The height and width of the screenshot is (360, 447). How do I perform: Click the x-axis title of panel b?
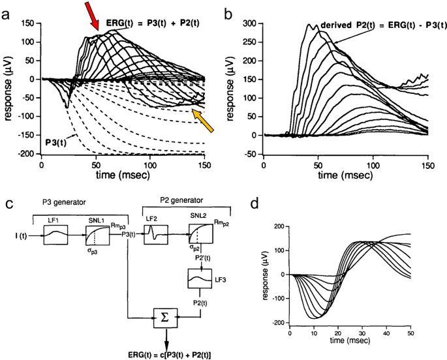click(345, 177)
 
